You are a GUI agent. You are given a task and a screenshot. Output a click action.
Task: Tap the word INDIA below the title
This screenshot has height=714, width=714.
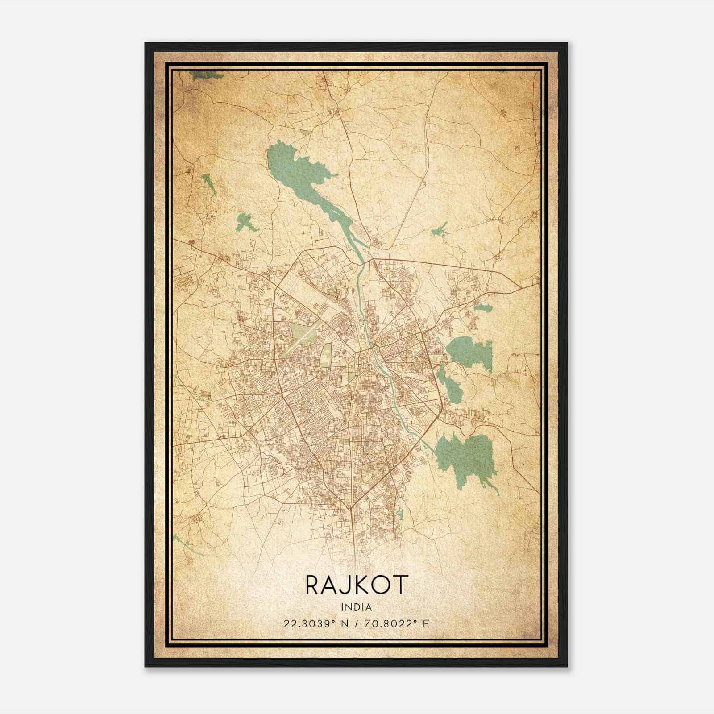(x=356, y=607)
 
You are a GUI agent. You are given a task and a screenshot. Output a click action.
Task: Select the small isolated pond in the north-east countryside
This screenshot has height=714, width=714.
(x=440, y=229)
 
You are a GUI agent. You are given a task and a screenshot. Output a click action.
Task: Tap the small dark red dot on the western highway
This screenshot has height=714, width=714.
(x=192, y=242)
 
